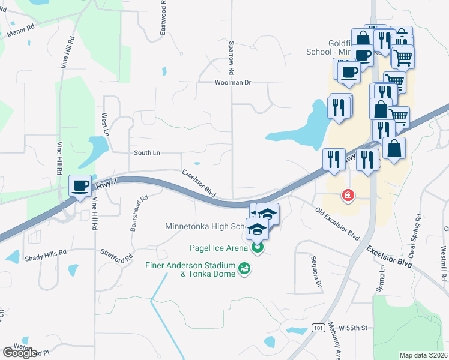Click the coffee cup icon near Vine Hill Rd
pyautogui.click(x=80, y=185)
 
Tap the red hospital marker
pyautogui.click(x=347, y=195)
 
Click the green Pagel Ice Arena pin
pyautogui.click(x=258, y=247)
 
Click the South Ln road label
pyautogui.click(x=147, y=153)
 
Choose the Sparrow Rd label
pyautogui.click(x=231, y=53)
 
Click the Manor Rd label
pyautogui.click(x=20, y=31)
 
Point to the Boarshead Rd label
pyautogui.click(x=139, y=214)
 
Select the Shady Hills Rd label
pyautogui.click(x=45, y=255)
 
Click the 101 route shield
pyautogui.click(x=319, y=327)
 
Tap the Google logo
pyautogui.click(x=20, y=353)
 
